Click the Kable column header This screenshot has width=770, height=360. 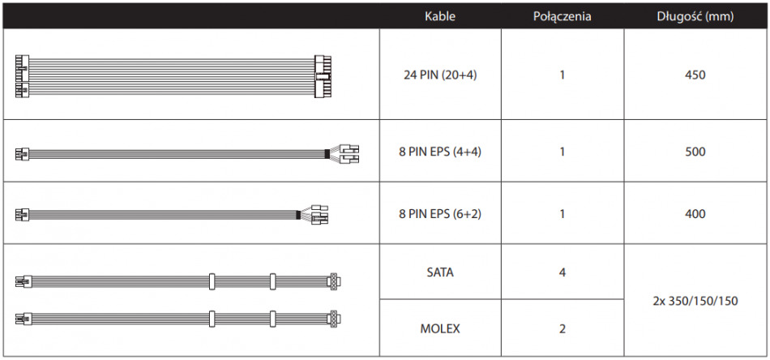point(440,16)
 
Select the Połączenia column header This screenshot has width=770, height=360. point(563,16)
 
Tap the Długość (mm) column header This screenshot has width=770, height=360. point(695,16)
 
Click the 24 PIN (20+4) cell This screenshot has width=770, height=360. point(440,75)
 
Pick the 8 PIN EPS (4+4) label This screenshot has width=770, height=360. point(440,152)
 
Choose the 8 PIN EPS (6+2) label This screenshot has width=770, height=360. point(440,214)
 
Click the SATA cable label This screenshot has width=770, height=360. point(440,272)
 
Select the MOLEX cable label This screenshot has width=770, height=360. point(440,328)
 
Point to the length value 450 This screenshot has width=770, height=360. point(696,75)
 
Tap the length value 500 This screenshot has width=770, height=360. point(696,152)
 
